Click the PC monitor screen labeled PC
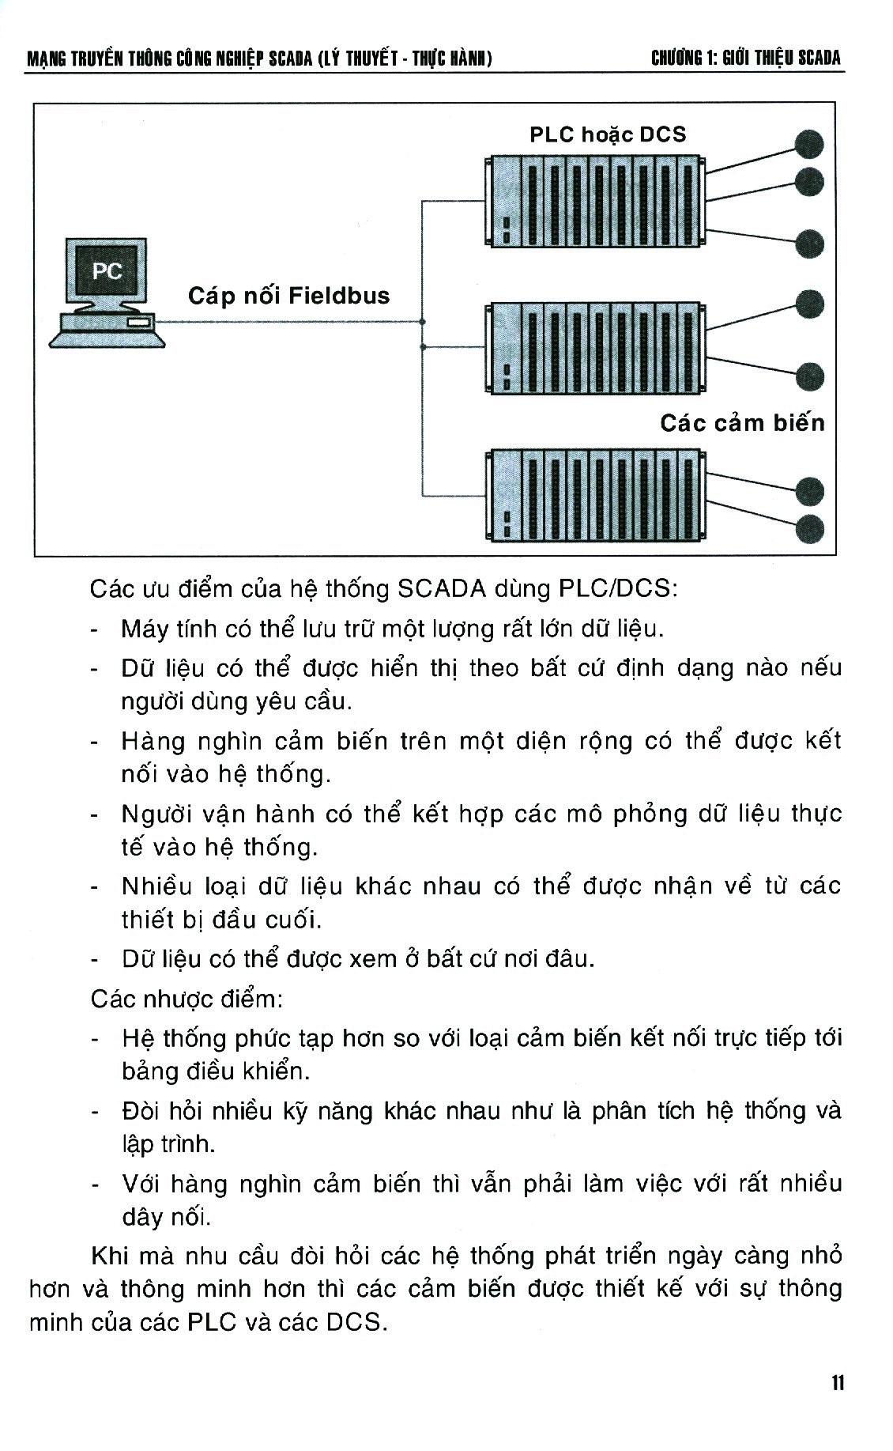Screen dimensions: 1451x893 pyautogui.click(x=107, y=272)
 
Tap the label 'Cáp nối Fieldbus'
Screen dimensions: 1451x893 pyautogui.click(x=288, y=296)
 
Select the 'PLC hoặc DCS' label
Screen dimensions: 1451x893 pyautogui.click(x=608, y=134)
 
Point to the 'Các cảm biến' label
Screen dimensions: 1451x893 pyautogui.click(x=741, y=423)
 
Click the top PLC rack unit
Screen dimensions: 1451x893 pyautogui.click(x=595, y=201)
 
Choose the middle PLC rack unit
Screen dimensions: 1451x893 pyautogui.click(x=595, y=347)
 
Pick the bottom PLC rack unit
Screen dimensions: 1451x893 pyautogui.click(x=595, y=495)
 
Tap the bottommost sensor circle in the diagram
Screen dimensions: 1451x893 pyautogui.click(x=809, y=528)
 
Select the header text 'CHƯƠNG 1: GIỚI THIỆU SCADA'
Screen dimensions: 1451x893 pyautogui.click(x=745, y=58)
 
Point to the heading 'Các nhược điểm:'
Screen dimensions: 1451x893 pyautogui.click(x=187, y=999)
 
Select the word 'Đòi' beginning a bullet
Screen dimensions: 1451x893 pyautogui.click(x=141, y=1111)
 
